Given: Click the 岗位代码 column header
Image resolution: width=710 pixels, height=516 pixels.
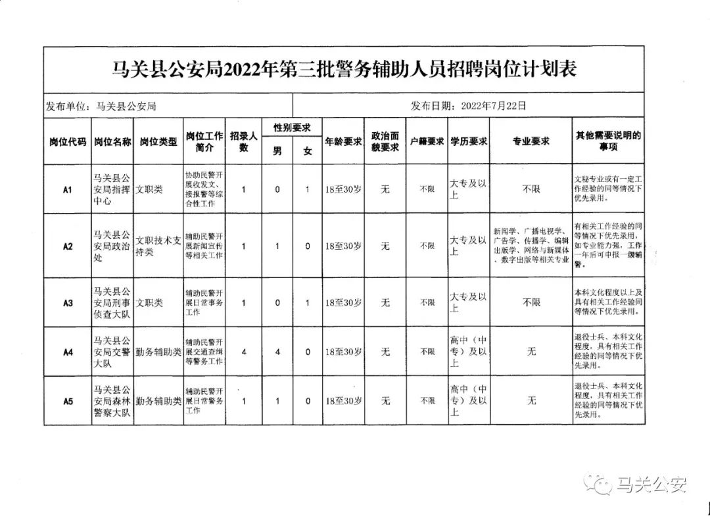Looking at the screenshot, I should tap(67, 141).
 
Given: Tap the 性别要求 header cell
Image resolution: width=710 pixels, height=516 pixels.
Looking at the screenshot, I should tap(292, 128).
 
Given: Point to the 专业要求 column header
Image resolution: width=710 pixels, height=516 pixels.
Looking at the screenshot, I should tap(531, 141).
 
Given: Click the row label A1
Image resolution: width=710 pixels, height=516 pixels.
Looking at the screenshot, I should tap(67, 190).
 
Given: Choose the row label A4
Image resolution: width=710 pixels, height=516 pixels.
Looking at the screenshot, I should tap(67, 352).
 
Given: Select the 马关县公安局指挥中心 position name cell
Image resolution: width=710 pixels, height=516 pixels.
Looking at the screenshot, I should tap(112, 190).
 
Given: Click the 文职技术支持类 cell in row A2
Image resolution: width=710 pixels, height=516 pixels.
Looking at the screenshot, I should tap(157, 246).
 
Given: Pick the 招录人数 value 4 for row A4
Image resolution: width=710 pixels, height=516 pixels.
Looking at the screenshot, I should tap(244, 352).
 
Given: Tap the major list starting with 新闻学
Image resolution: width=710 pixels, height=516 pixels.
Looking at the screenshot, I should tap(531, 246).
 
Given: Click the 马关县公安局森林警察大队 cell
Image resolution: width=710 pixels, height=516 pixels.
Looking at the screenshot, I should tap(112, 401).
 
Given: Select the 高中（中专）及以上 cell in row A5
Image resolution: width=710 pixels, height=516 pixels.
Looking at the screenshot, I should tap(468, 401).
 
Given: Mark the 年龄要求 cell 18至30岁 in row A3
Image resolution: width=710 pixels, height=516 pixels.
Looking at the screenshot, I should tap(343, 303).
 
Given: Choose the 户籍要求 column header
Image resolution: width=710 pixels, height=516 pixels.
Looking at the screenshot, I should tap(427, 141).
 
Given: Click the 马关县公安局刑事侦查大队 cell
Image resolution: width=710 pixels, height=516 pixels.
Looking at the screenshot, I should tap(112, 303).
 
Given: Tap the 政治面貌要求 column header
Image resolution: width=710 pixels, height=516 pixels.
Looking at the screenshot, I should tap(385, 141).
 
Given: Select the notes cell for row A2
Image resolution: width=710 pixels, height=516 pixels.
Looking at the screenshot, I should tap(608, 246).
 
